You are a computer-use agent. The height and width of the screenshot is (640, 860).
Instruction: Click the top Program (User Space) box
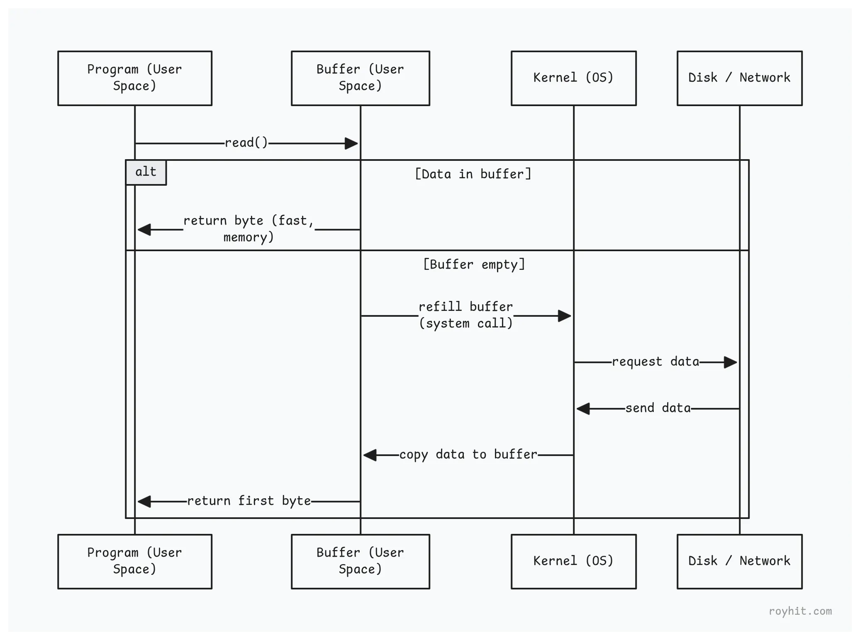tap(135, 78)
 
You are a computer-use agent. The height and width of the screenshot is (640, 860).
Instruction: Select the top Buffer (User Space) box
tap(360, 78)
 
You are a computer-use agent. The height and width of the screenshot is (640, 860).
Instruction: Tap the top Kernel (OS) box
tap(573, 78)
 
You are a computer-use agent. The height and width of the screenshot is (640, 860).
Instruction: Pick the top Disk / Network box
tap(739, 78)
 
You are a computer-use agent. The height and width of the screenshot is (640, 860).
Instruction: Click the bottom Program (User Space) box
tap(135, 561)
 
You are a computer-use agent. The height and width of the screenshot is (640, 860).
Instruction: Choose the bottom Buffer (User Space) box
tap(360, 561)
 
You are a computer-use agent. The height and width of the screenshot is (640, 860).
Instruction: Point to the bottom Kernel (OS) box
tap(573, 561)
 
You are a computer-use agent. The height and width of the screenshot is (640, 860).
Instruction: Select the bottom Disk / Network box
tap(739, 561)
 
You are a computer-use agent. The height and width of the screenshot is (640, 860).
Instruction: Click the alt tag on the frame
tap(146, 172)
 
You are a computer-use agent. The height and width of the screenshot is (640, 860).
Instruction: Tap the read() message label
tap(246, 143)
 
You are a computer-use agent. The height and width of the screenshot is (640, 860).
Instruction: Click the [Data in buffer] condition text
tap(473, 174)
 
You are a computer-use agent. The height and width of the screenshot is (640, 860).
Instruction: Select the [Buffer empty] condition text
tap(474, 264)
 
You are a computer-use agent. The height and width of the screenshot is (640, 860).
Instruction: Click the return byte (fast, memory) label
tap(248, 229)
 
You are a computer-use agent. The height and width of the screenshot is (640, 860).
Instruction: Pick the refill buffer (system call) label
tap(465, 315)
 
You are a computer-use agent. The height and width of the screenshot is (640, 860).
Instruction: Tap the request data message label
tap(655, 362)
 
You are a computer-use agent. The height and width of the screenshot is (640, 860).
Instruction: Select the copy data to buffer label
tap(468, 455)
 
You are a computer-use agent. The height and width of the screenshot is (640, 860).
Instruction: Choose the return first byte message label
tap(249, 501)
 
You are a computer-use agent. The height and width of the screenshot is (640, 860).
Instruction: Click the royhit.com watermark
tap(800, 611)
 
